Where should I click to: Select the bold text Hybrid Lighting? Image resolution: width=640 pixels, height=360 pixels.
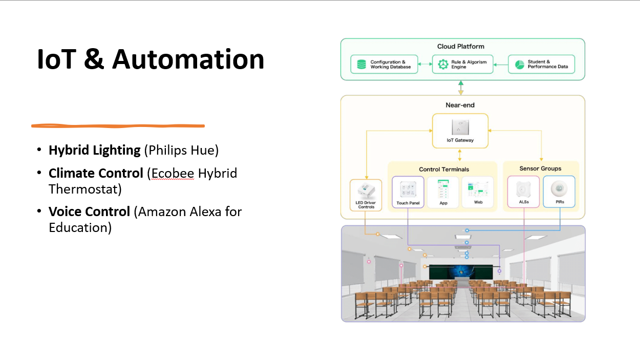[94, 150]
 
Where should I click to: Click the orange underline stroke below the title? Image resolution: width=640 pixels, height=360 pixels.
[118, 125]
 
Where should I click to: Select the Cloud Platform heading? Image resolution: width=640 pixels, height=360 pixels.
[460, 47]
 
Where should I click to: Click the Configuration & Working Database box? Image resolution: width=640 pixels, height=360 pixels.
[385, 65]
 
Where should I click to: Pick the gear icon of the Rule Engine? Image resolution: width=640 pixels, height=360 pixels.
[443, 65]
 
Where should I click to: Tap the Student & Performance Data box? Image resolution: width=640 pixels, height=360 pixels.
[541, 65]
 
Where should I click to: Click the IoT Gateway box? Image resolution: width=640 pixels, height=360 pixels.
[460, 131]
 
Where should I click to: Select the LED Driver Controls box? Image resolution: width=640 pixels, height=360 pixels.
[366, 195]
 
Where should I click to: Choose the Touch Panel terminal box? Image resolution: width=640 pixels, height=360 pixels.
[408, 192]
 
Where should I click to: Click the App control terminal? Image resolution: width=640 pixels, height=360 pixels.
[443, 192]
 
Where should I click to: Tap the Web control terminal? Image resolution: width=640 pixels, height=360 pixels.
[477, 192]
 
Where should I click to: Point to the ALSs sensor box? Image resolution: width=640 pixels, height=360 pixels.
[523, 192]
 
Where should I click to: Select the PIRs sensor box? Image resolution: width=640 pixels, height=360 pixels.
[559, 192]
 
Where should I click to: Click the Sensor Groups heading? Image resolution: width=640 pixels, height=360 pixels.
[540, 168]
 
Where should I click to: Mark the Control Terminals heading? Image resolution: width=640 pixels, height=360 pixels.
[443, 169]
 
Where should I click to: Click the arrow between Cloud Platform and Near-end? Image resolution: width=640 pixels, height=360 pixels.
[461, 88]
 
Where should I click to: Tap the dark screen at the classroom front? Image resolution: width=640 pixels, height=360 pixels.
[461, 271]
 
